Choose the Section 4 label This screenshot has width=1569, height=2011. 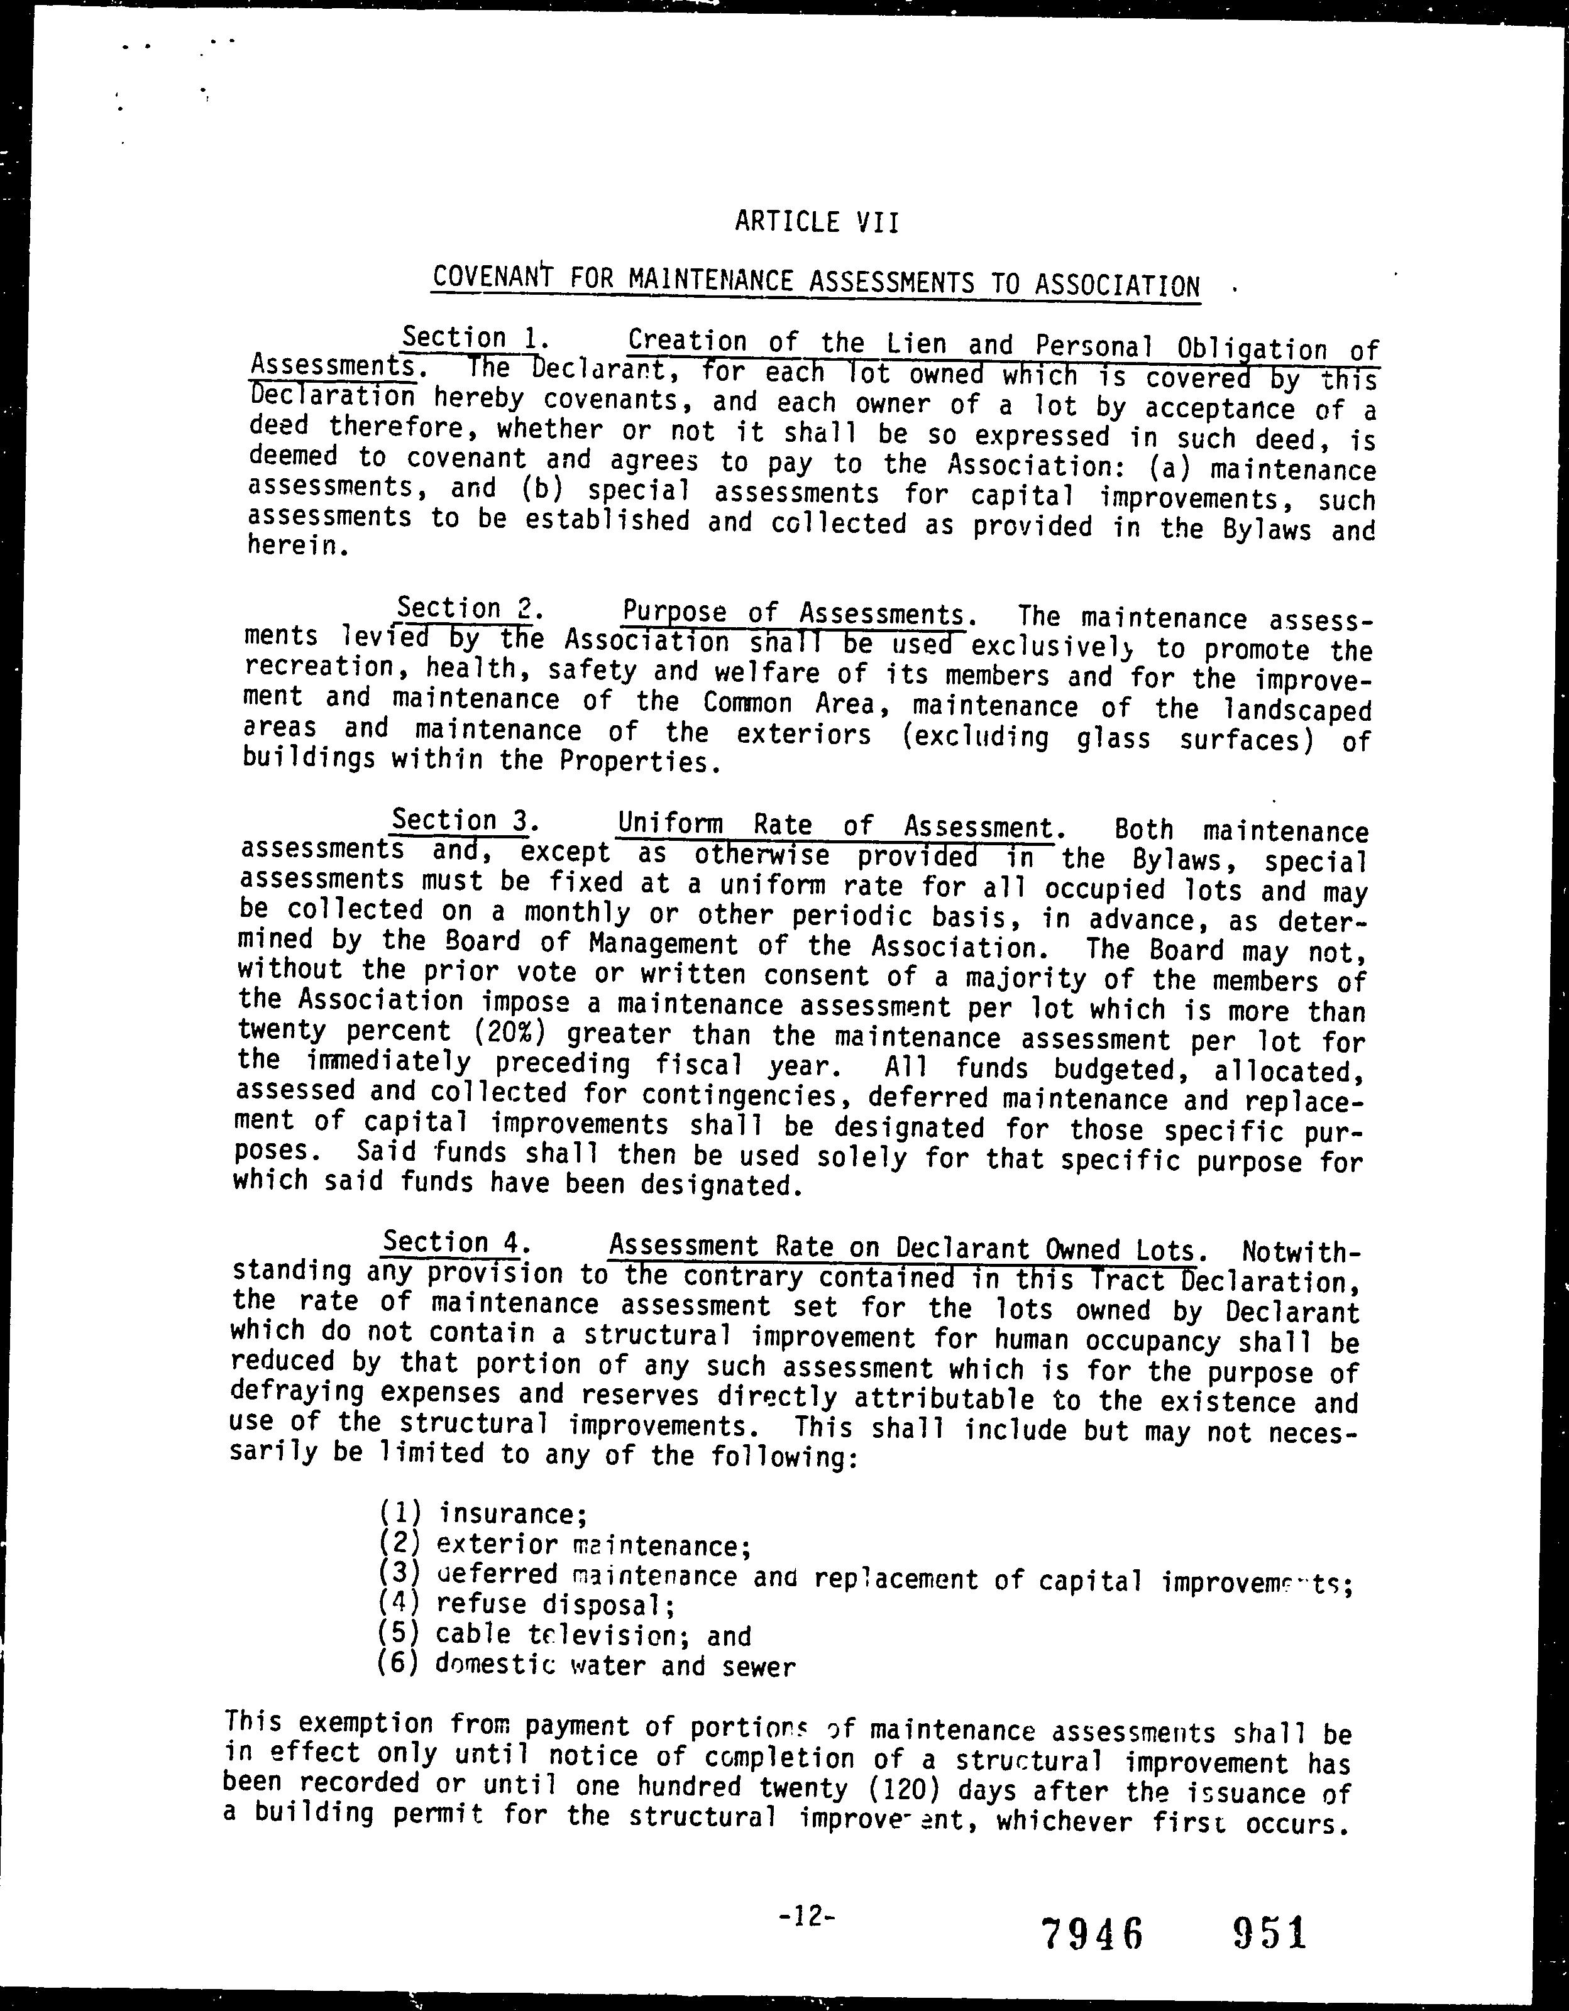450,1242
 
